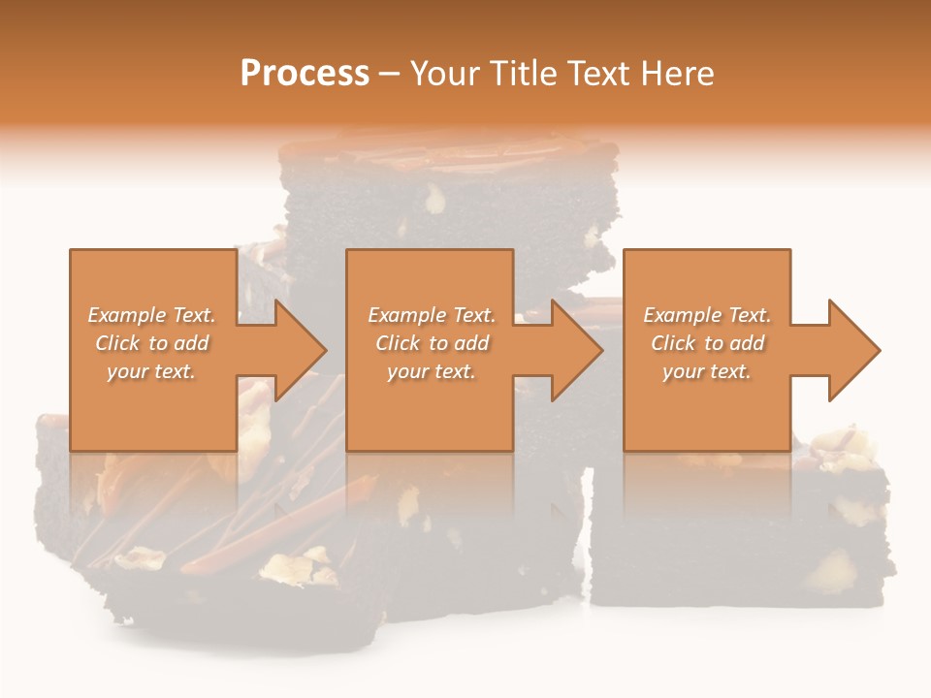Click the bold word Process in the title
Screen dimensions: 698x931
(305, 74)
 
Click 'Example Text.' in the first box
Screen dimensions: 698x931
(152, 315)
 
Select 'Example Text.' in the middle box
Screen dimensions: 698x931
(432, 315)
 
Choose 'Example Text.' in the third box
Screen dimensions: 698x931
(707, 315)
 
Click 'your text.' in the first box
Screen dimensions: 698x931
(151, 371)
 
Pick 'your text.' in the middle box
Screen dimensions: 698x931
(431, 371)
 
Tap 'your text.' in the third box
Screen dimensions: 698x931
(706, 371)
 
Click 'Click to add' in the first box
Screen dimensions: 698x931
(152, 343)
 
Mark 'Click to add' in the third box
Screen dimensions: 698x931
(708, 343)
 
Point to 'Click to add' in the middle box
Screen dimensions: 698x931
(432, 343)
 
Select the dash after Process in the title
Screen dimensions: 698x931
(390, 74)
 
